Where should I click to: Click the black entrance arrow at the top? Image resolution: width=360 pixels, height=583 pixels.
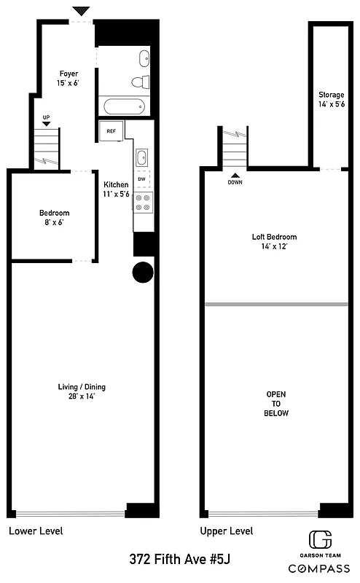pyautogui.click(x=82, y=10)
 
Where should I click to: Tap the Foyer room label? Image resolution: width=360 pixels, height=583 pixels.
pyautogui.click(x=68, y=79)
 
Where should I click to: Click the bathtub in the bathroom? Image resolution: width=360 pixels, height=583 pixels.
pyautogui.click(x=125, y=107)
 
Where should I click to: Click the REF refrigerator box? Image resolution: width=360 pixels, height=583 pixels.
pyautogui.click(x=111, y=131)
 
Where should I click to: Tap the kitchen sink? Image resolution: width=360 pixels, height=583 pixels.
pyautogui.click(x=142, y=157)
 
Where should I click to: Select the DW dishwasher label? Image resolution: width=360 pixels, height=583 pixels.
pyautogui.click(x=142, y=179)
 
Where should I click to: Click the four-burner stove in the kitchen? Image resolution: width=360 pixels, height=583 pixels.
pyautogui.click(x=142, y=202)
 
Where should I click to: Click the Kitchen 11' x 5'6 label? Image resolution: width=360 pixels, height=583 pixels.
pyautogui.click(x=116, y=189)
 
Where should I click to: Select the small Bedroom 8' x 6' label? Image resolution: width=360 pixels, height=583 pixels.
pyautogui.click(x=51, y=218)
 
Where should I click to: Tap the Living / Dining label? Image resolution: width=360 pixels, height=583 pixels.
pyautogui.click(x=77, y=391)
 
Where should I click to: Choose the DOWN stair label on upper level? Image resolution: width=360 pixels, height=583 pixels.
pyautogui.click(x=235, y=182)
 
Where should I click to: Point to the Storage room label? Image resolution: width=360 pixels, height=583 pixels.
pyautogui.click(x=332, y=100)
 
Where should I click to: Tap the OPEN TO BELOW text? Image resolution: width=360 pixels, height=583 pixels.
pyautogui.click(x=276, y=404)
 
